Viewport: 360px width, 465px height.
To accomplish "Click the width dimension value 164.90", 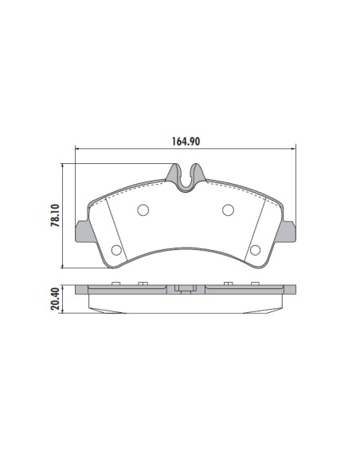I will [186, 143].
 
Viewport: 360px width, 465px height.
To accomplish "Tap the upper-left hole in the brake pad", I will [143, 210].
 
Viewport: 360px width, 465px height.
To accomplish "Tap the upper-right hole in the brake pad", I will [228, 210].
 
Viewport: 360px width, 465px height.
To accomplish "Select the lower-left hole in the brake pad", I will [116, 251].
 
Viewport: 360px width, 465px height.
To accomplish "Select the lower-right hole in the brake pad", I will [255, 251].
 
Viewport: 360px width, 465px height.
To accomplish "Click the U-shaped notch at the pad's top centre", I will [186, 180].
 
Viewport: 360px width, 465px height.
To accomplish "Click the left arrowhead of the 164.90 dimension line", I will [76, 150].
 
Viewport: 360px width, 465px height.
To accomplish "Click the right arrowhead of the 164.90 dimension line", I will [295, 150].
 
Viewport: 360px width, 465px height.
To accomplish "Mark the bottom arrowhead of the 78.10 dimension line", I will [63, 267].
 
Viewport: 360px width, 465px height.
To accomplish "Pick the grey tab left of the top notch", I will [174, 173].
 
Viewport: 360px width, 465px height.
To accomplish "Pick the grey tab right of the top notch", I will [198, 173].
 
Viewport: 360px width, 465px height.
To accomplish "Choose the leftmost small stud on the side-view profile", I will [116, 284].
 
